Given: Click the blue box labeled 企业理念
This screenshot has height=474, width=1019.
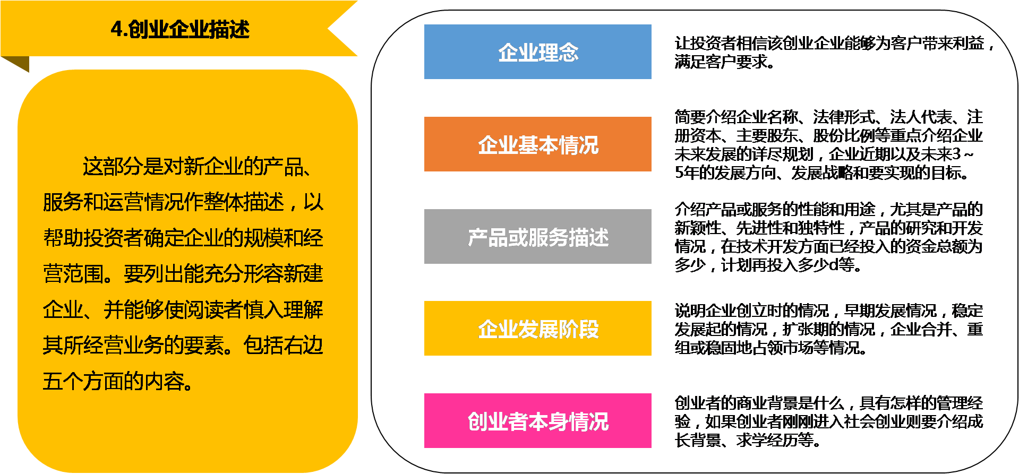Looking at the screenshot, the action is [537, 52].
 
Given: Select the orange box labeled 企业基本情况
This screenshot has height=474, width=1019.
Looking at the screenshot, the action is [537, 144].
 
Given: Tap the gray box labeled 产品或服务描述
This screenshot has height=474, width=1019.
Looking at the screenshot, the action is [537, 237].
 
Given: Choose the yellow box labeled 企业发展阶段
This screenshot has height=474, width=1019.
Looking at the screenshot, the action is [537, 329].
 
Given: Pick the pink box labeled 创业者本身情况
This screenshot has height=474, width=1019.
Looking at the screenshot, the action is [537, 421].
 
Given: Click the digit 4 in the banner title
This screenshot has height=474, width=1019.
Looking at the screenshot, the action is [116, 29].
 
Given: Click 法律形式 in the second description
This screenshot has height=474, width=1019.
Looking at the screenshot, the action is [843, 117].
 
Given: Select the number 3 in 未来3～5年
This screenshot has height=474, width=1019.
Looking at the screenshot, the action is [956, 154].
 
